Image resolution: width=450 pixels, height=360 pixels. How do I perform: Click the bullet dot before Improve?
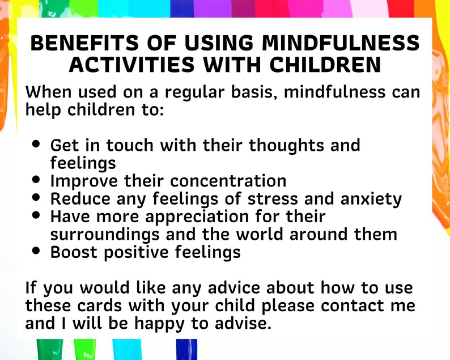tap(37, 180)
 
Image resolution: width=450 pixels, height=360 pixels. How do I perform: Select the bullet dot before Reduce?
tap(37, 198)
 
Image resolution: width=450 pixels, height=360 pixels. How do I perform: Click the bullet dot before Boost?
tap(37, 251)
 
